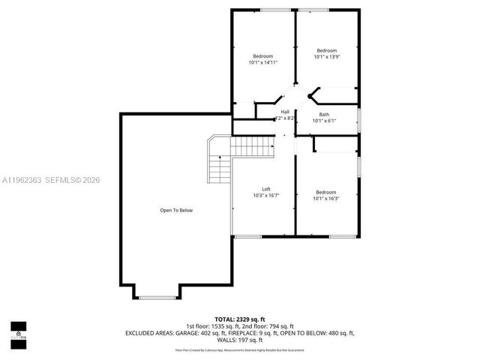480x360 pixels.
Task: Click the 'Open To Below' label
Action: [x=176, y=210]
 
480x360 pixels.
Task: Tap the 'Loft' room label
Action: [x=265, y=189]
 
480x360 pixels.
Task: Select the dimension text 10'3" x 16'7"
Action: [x=265, y=196]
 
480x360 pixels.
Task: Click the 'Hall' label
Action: [x=285, y=112]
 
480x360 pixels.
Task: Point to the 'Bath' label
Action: [x=324, y=115]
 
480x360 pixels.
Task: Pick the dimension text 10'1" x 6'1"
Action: [x=324, y=121]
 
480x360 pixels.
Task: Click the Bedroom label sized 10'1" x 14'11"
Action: [x=262, y=57]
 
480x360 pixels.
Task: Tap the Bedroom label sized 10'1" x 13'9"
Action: [x=326, y=49]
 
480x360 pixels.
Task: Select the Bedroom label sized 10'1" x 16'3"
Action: [x=325, y=192]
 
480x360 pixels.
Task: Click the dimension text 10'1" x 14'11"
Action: [x=262, y=63]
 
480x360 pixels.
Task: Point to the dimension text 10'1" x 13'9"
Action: [x=326, y=56]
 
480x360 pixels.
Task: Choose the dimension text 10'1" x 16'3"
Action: [x=325, y=199]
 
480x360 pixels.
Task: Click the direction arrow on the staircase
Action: [x=220, y=158]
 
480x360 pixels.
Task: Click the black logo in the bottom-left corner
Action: [x=17, y=330]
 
